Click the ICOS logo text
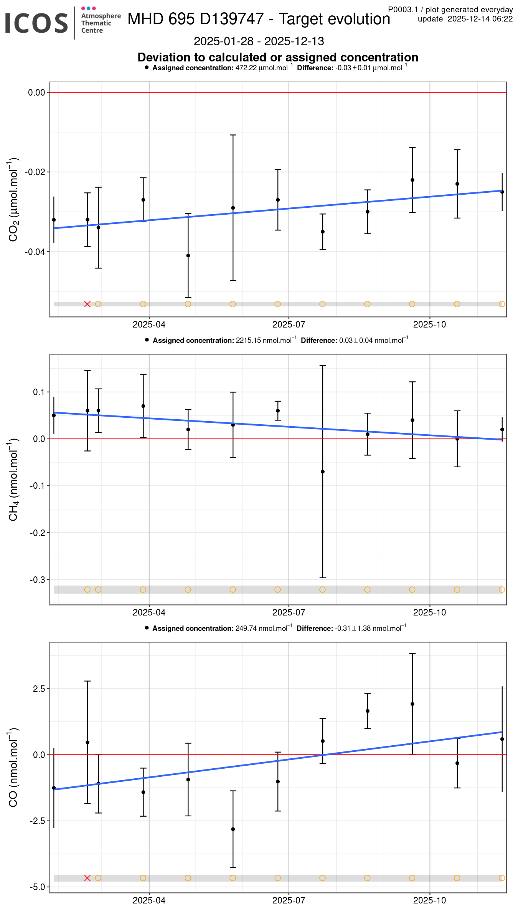pyautogui.click(x=36, y=23)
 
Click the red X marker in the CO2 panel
pyautogui.click(x=87, y=304)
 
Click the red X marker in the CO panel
pyautogui.click(x=87, y=878)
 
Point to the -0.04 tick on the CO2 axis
pyautogui.click(x=35, y=252)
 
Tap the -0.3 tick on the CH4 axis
pyautogui.click(x=38, y=580)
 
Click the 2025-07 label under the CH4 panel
pyautogui.click(x=289, y=612)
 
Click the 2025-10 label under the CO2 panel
pyautogui.click(x=429, y=324)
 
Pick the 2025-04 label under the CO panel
pyautogui.click(x=149, y=900)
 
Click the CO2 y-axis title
pyautogui.click(x=13, y=200)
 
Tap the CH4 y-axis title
pyautogui.click(x=13, y=480)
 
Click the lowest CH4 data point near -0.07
pyautogui.click(x=323, y=472)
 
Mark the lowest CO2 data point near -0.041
pyautogui.click(x=188, y=256)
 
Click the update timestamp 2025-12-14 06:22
pyautogui.click(x=480, y=19)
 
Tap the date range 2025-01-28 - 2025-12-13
pyautogui.click(x=259, y=41)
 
